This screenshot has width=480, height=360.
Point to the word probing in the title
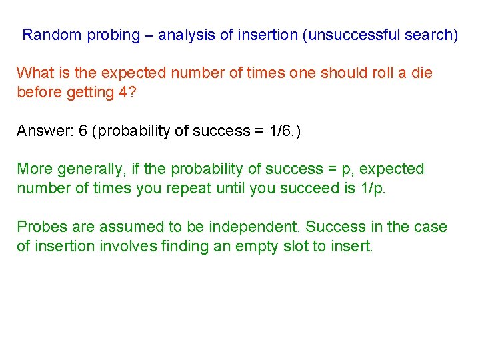click(x=111, y=35)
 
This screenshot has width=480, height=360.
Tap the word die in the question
click(x=421, y=73)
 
